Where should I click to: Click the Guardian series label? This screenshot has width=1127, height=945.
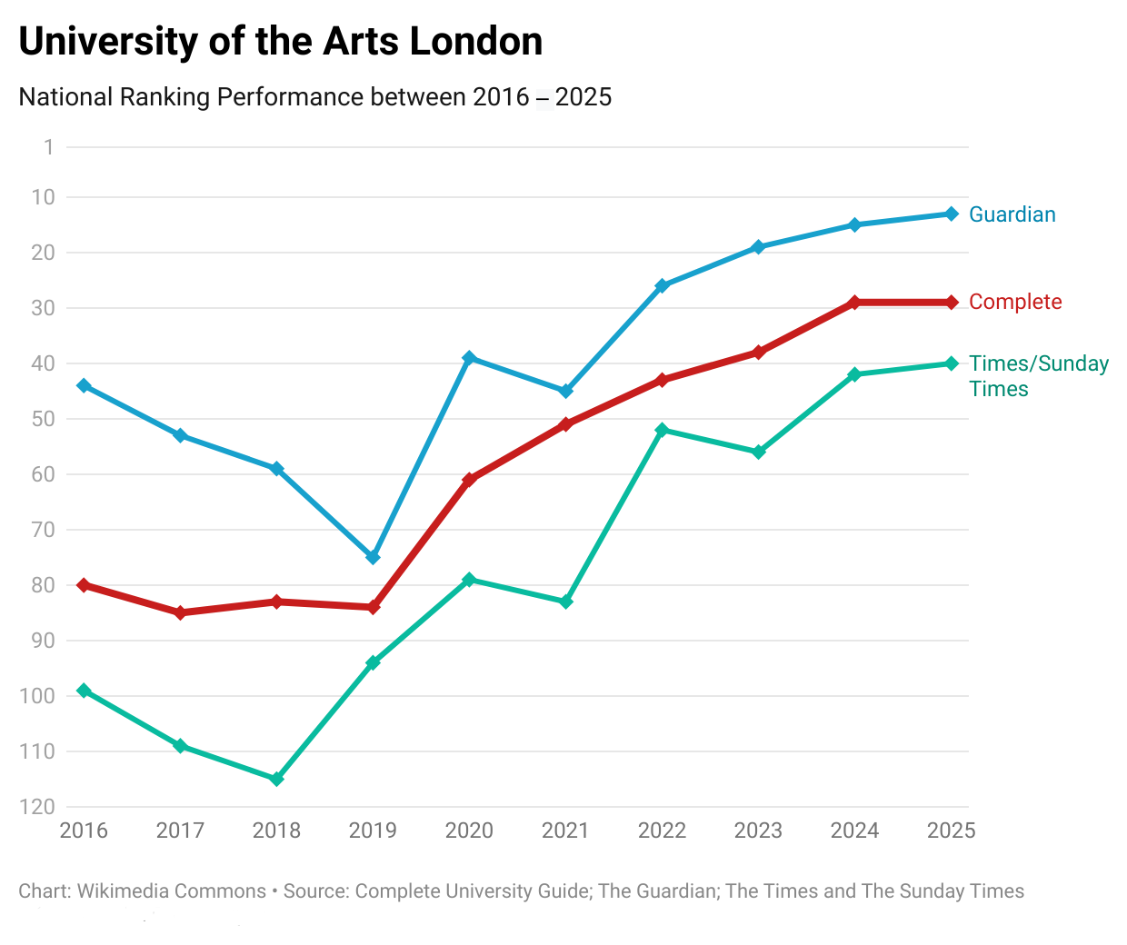[x=1012, y=214]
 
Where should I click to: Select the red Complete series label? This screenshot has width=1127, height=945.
[x=1015, y=302]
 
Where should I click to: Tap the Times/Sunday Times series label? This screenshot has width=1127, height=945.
[x=1038, y=375]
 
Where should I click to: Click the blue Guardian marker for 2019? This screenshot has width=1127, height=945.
[x=373, y=557]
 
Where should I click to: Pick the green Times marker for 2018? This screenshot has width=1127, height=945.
[x=277, y=779]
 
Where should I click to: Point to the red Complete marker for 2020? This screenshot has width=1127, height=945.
[x=469, y=479]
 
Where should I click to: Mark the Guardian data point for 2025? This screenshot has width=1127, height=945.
[x=952, y=214]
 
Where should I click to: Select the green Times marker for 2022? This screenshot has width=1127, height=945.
[x=662, y=430]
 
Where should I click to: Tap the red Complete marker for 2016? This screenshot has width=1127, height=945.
[x=84, y=585]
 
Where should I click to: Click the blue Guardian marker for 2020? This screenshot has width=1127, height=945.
[x=469, y=358]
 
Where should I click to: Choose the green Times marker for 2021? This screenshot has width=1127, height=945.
[x=565, y=602]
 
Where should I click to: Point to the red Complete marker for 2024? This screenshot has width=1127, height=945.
[x=854, y=303]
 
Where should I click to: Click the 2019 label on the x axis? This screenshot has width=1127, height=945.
[x=373, y=831]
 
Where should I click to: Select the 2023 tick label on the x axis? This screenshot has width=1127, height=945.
[x=758, y=831]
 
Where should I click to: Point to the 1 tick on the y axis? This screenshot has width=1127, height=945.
[x=48, y=147]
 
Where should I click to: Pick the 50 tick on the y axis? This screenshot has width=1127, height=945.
[x=43, y=419]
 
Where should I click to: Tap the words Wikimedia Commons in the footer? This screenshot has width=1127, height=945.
[x=171, y=891]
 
